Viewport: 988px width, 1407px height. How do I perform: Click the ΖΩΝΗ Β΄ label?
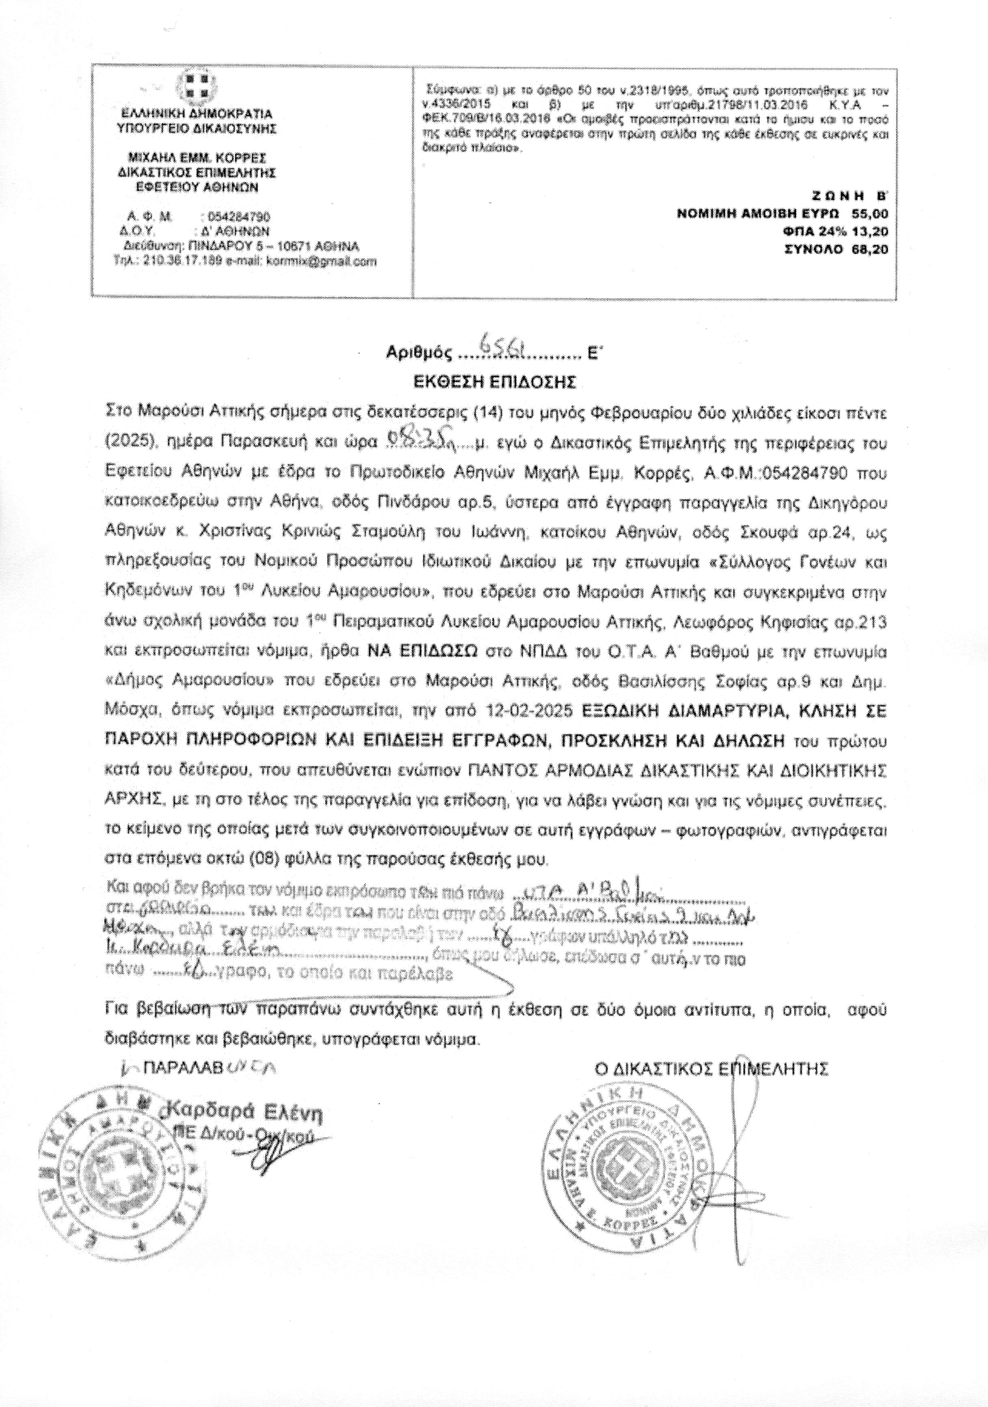pyautogui.click(x=849, y=196)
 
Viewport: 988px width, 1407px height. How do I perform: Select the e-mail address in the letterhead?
pyautogui.click(x=322, y=261)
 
